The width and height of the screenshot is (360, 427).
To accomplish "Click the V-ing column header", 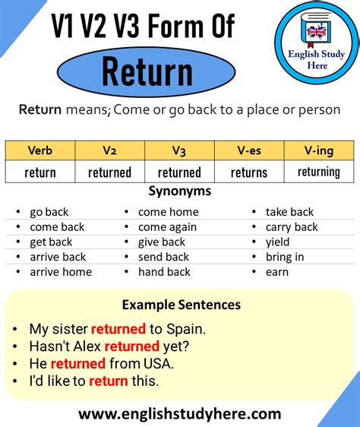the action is pos(319,150).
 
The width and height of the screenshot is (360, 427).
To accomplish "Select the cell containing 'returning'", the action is pos(319,172).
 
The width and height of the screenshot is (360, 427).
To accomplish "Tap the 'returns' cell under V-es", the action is pos(249,172).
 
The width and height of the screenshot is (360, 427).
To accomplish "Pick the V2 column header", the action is pos(109,150).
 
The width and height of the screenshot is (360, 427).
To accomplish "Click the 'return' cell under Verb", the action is pos(40,172).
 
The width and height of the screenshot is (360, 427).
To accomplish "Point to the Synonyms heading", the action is pos(180,191).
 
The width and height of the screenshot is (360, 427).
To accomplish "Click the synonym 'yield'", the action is pos(277,242).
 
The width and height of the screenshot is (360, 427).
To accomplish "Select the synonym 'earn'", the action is pos(277,272).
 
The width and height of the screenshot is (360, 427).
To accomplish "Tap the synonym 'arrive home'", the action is pos(61,272).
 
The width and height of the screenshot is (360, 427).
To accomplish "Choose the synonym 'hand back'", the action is pos(164,272).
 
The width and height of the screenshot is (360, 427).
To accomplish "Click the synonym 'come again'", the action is pos(167,227).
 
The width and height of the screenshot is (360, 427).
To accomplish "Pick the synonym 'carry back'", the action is pos(292,227).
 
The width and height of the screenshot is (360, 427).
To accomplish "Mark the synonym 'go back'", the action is pos(49,213).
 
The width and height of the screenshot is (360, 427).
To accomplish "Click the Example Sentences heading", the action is pos(182,305).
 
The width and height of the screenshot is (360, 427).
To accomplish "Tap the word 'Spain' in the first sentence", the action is pos(185,329).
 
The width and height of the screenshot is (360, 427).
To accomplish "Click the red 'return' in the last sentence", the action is pos(109,381).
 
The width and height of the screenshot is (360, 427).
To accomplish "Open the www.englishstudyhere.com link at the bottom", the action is pos(180,414).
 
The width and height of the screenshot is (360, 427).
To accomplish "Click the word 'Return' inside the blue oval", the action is pos(147,71).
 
